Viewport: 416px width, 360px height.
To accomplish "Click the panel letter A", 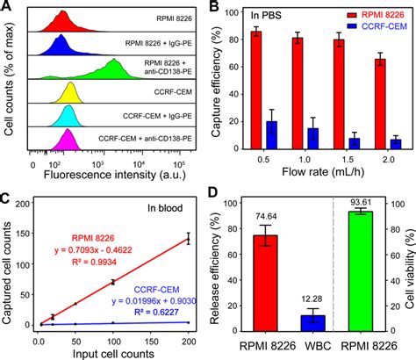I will coord(8,8).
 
